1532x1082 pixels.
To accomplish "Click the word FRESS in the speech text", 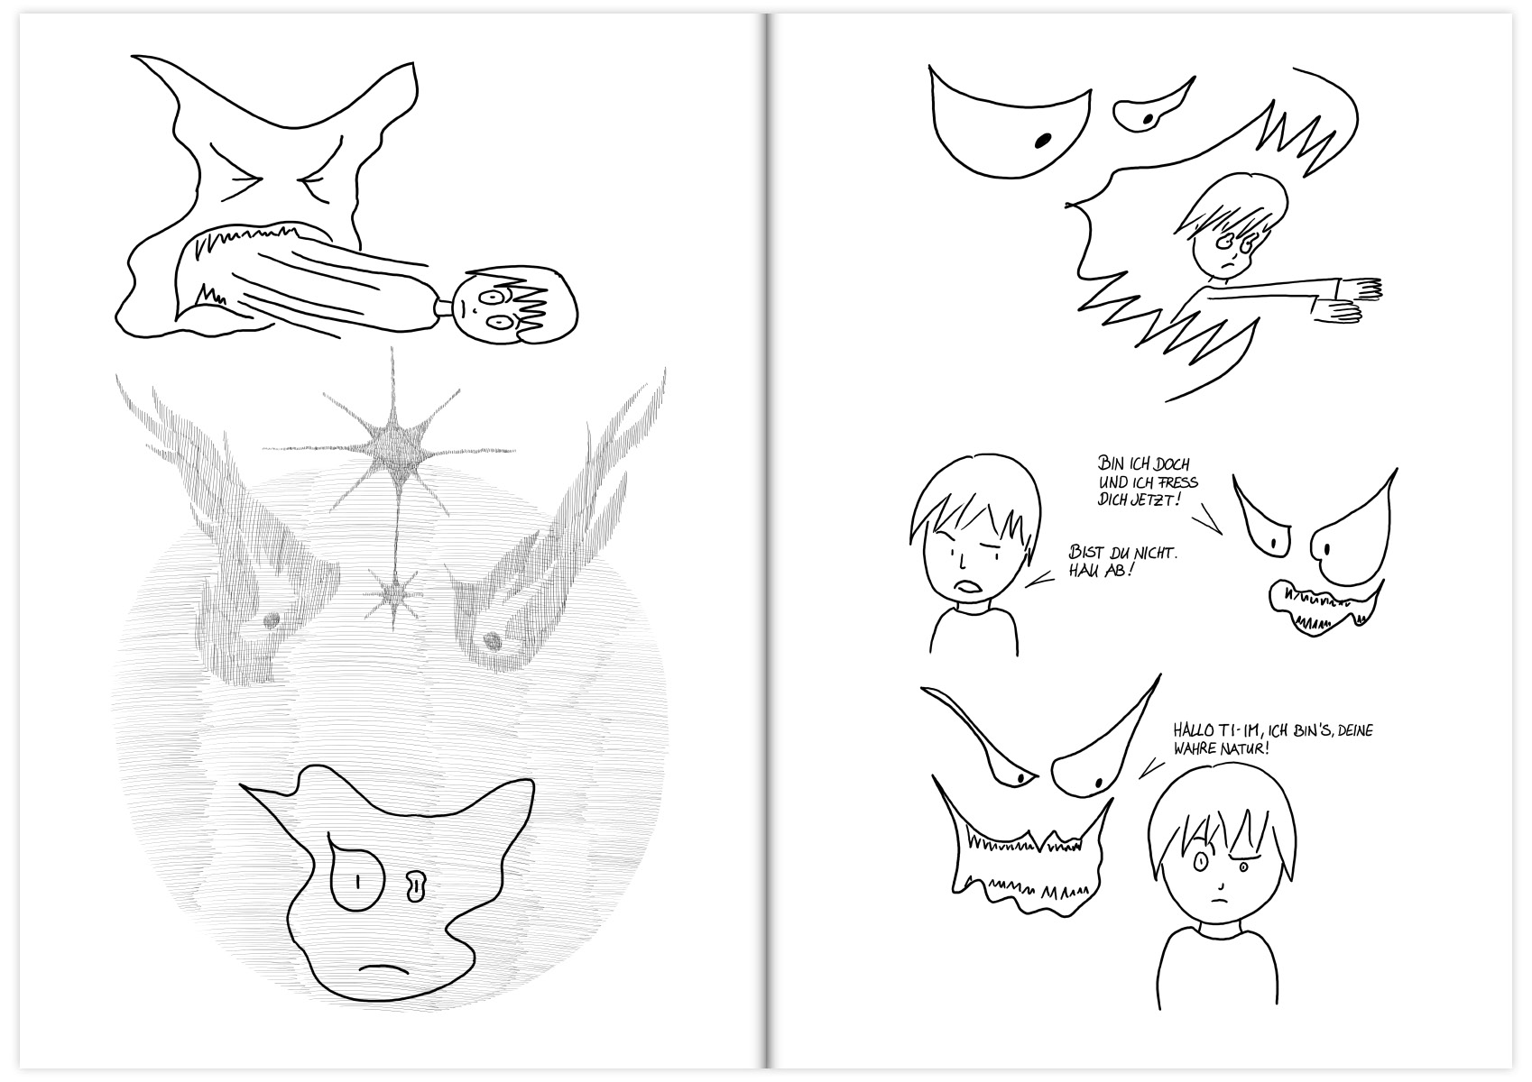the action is tap(1177, 482).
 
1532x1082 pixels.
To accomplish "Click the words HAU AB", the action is tap(1098, 570).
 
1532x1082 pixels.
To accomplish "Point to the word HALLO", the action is tap(1193, 730).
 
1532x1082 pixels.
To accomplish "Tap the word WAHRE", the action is tap(1195, 747).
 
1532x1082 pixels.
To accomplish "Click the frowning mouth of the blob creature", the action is tap(383, 969).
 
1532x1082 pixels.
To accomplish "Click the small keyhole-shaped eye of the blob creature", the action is tap(415, 886).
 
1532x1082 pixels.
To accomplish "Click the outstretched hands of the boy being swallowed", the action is tap(1345, 301).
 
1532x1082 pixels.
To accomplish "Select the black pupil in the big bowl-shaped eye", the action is tap(1043, 141).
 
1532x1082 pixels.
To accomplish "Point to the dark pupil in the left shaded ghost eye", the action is tap(271, 620).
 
